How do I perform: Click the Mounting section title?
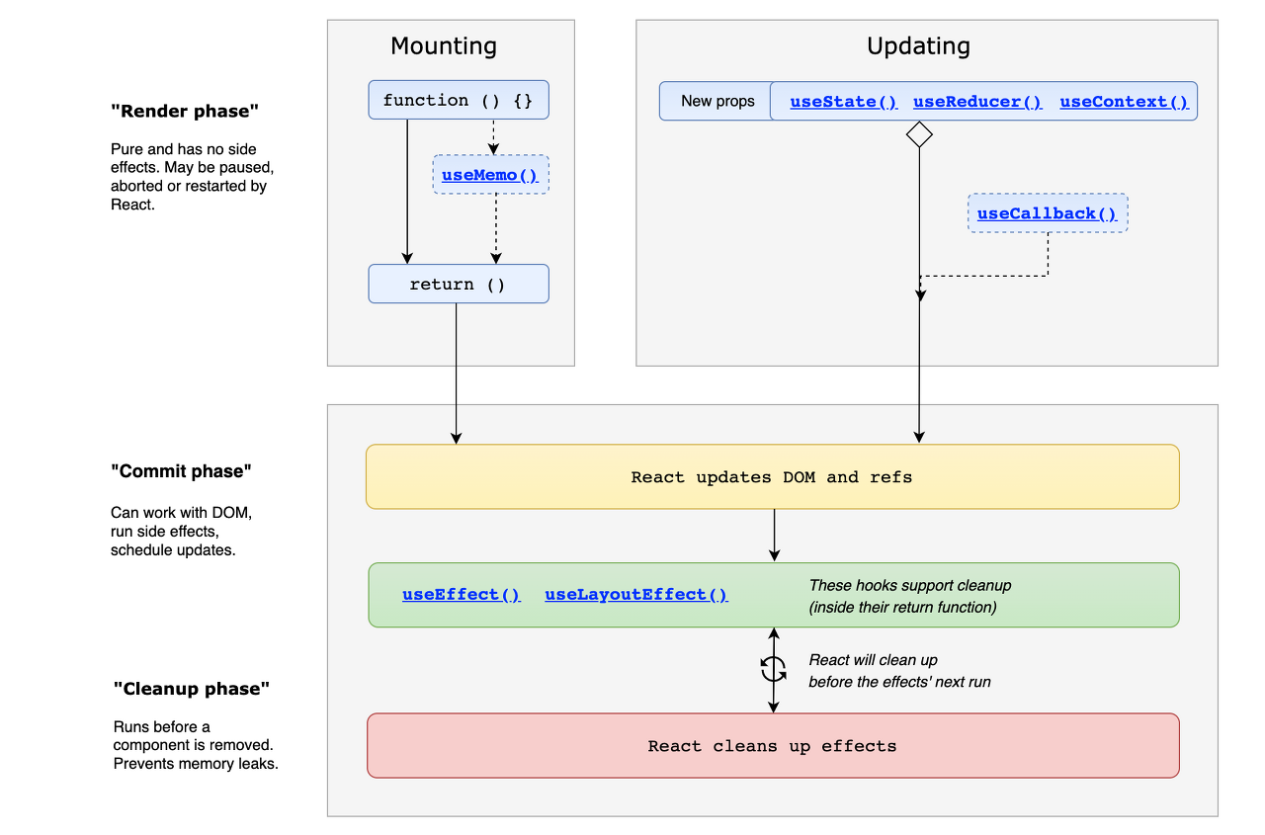click(x=444, y=46)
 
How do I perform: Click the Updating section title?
click(x=918, y=46)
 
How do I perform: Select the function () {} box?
click(x=458, y=100)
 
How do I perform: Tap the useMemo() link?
click(x=489, y=175)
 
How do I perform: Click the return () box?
click(x=458, y=284)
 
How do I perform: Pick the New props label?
click(x=717, y=101)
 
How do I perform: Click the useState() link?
click(x=844, y=102)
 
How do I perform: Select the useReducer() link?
click(x=977, y=102)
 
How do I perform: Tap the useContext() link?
click(x=1124, y=102)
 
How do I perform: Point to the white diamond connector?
click(x=920, y=134)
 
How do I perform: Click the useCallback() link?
click(x=1047, y=213)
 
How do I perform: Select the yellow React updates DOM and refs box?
click(x=772, y=477)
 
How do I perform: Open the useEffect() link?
click(x=461, y=595)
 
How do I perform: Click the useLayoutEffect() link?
click(x=635, y=595)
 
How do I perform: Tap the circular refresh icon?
click(x=774, y=670)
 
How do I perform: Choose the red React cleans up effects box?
click(x=772, y=746)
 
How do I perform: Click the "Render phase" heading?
click(x=185, y=112)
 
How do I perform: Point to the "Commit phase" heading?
click(x=181, y=471)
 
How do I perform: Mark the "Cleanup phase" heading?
click(x=192, y=689)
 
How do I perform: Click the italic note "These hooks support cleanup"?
click(x=909, y=585)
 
